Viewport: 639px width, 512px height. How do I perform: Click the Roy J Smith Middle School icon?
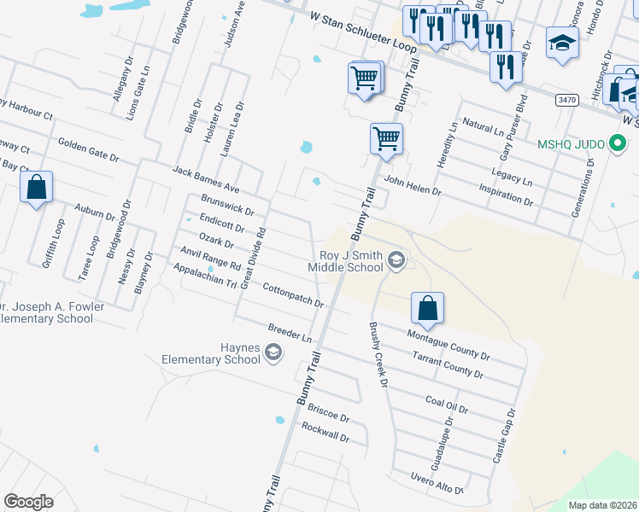[396, 259]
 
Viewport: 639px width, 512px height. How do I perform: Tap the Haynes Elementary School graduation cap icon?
[273, 352]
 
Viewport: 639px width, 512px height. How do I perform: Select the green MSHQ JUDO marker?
[615, 144]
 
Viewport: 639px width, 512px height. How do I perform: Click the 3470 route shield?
[566, 100]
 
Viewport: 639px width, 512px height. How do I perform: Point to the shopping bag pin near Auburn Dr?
[36, 188]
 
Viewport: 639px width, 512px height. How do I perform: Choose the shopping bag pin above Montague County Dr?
[427, 307]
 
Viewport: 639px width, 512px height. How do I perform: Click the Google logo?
[28, 502]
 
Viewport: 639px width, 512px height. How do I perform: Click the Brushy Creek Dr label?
[378, 354]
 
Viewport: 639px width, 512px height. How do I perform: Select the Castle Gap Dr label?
[504, 435]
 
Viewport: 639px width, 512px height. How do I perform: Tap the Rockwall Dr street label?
[325, 432]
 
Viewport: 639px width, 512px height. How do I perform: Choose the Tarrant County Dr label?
[448, 364]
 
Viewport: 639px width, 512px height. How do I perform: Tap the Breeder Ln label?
[290, 333]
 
